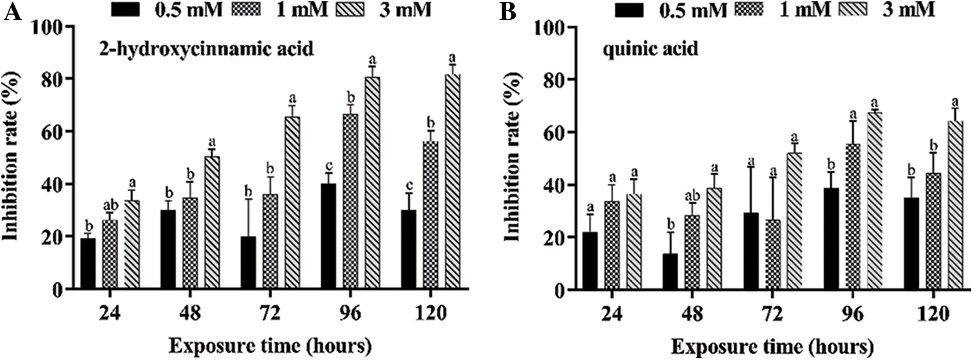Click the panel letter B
click(x=510, y=13)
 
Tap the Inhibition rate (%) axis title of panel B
click(x=514, y=158)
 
